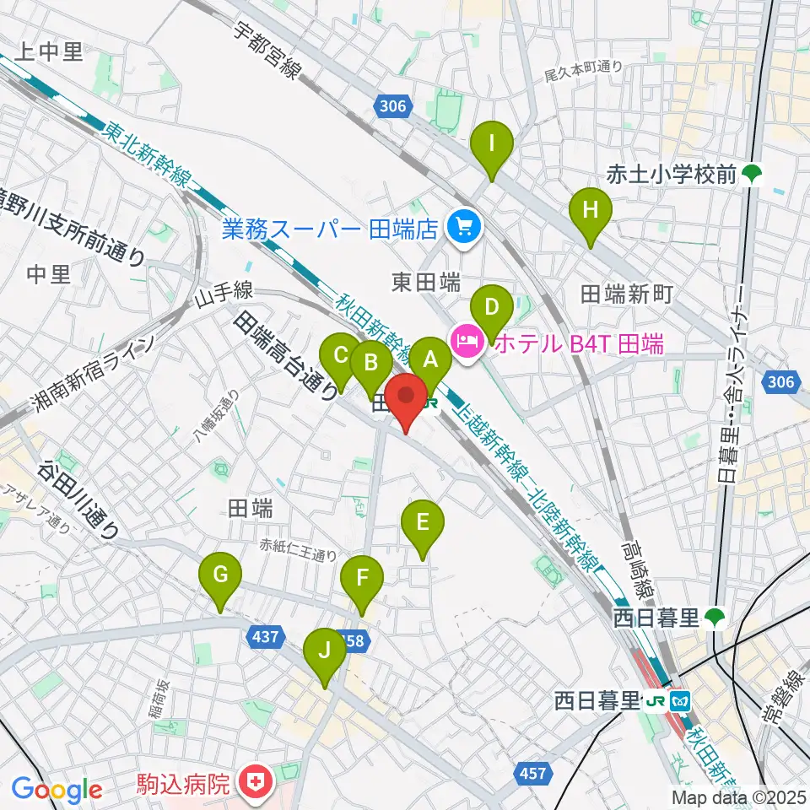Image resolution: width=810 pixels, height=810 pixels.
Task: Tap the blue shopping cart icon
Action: coord(462,226)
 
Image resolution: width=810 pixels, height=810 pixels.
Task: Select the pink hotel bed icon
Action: coord(466,342)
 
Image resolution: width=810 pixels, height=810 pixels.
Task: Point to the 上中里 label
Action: coord(50,53)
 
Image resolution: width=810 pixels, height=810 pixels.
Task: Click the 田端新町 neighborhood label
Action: coord(627,294)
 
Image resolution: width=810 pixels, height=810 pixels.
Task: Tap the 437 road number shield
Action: coord(264,638)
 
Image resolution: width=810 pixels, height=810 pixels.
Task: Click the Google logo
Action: coord(57,790)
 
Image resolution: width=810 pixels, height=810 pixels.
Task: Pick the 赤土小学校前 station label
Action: coord(672,175)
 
